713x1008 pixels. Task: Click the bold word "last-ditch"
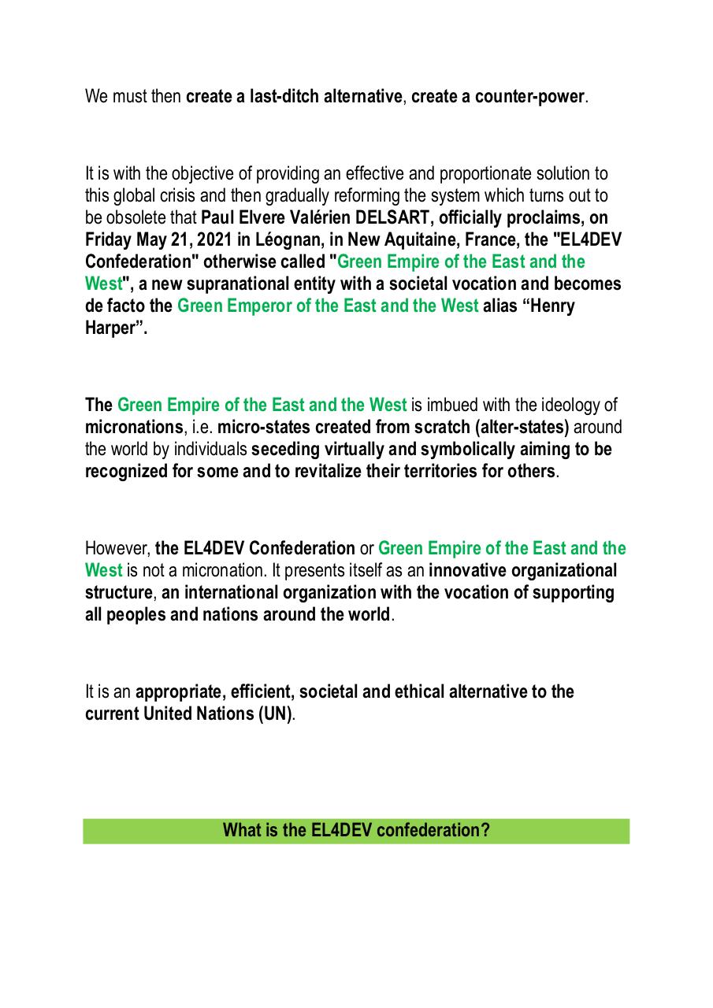[x=285, y=98]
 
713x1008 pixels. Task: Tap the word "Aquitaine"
[x=415, y=239]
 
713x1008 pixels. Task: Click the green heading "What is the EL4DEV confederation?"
[x=356, y=831]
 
